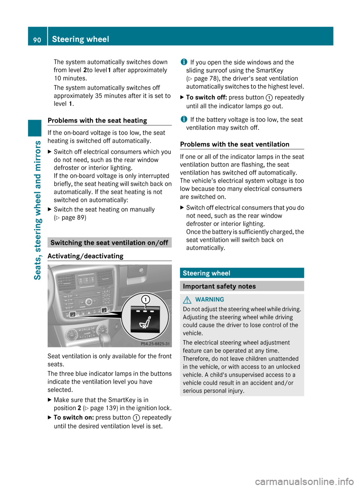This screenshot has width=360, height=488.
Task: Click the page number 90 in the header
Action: (37, 40)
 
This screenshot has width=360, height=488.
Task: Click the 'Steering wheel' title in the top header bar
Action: (81, 39)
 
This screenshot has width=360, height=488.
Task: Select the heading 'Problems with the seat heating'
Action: (97, 120)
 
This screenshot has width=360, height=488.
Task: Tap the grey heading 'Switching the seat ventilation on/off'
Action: (109, 243)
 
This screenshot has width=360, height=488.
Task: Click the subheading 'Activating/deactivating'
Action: (85, 256)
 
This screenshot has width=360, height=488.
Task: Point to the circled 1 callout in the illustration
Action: (145, 299)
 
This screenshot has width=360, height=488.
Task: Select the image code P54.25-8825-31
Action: (155, 344)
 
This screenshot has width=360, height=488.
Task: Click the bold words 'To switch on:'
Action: (73, 418)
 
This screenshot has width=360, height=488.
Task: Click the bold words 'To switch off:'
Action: (206, 97)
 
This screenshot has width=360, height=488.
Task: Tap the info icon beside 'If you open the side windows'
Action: (184, 62)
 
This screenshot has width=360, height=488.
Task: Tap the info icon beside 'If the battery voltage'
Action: (184, 119)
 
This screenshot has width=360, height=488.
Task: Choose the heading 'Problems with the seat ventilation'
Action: (235, 144)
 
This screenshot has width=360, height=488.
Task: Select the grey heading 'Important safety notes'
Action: (219, 286)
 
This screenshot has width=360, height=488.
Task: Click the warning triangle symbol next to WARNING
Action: (187, 300)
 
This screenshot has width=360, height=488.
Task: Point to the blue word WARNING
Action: (210, 299)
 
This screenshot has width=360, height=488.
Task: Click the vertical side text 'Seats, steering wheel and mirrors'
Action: (37, 210)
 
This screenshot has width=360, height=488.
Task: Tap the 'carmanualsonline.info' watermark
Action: (304, 481)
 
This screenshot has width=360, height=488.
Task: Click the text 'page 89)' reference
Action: (74, 217)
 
